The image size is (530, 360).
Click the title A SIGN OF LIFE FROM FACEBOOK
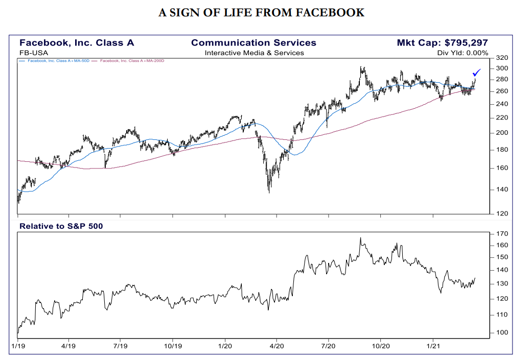coord(261,13)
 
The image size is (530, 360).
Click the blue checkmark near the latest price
coord(476,73)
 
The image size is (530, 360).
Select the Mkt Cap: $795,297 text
coord(442,43)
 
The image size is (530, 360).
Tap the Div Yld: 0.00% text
coord(463,53)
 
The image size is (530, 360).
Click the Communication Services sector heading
coord(254,43)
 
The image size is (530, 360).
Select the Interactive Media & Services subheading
coord(254,53)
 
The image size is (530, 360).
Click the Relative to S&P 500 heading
coord(61,225)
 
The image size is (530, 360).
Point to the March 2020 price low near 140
coord(269,191)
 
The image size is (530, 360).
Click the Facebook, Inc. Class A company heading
coord(77,43)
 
